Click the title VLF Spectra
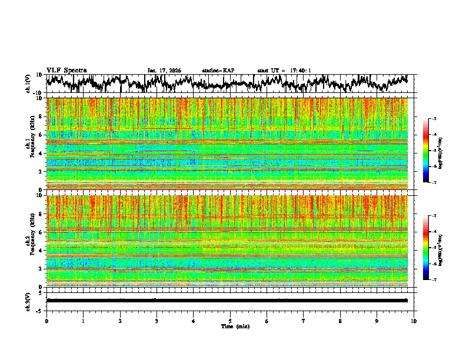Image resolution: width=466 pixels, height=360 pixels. click(66, 70)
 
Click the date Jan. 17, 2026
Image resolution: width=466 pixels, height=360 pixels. click(164, 71)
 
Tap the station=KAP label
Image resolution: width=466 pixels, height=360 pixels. click(218, 71)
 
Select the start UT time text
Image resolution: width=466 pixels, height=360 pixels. click(284, 71)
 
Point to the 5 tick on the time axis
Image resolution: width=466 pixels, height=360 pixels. click(230, 321)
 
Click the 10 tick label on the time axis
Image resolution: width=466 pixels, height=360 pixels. click(414, 321)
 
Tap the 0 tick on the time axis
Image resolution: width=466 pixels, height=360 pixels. click(46, 321)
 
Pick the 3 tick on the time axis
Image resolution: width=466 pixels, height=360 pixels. click(157, 321)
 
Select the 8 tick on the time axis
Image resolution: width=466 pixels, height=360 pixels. click(340, 321)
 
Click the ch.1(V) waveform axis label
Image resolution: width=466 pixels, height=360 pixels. click(28, 84)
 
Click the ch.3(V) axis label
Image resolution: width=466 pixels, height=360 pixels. click(28, 301)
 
